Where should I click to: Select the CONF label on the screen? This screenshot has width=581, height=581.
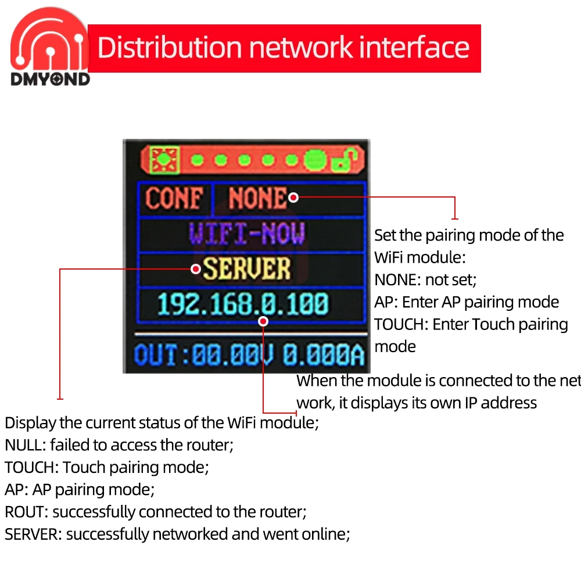click(174, 199)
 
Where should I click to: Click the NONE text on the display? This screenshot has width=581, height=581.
click(257, 199)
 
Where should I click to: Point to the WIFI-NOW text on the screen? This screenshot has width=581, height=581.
click(246, 234)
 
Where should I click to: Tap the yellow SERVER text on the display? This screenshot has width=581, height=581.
click(247, 268)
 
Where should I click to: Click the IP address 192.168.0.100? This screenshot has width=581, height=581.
click(243, 304)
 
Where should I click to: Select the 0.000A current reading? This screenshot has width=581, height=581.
click(323, 355)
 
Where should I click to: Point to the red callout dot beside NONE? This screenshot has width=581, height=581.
click(293, 198)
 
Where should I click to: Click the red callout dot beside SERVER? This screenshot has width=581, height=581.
click(196, 268)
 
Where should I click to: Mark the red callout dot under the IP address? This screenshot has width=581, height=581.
click(263, 321)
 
